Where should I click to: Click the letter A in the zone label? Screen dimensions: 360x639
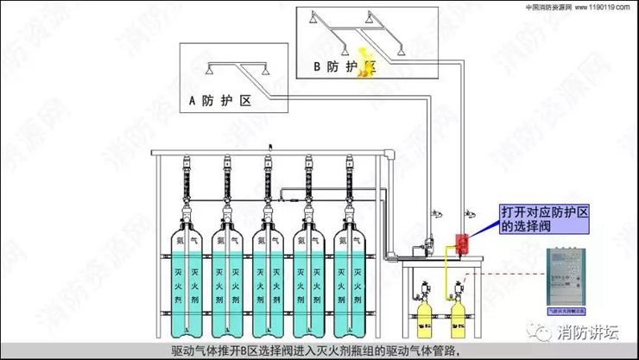[193, 101]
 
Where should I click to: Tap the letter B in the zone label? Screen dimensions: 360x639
[316, 66]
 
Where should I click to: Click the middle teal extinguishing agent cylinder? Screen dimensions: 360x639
[269, 276]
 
